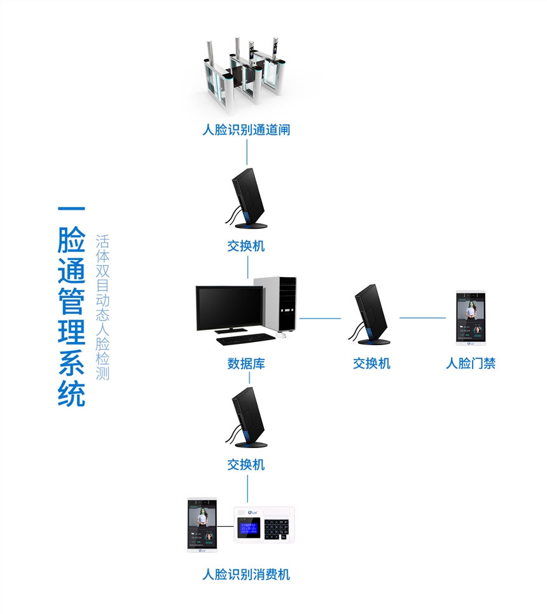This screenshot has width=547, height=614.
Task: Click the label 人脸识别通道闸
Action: [x=246, y=130]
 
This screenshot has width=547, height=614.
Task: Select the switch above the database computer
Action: [x=247, y=198]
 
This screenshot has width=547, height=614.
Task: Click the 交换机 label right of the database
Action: [x=371, y=364]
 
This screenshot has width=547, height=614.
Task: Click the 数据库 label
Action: [x=246, y=364]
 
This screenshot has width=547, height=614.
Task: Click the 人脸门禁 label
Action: [x=471, y=364]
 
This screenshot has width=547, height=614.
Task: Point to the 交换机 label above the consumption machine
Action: [x=246, y=465]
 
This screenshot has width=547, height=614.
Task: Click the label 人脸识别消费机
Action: [x=246, y=575]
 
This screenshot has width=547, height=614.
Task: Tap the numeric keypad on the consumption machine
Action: [x=279, y=528]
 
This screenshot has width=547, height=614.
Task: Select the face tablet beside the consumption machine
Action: [x=202, y=525]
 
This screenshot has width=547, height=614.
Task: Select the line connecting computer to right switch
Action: [x=321, y=318]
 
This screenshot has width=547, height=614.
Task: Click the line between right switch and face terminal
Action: [x=422, y=318]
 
